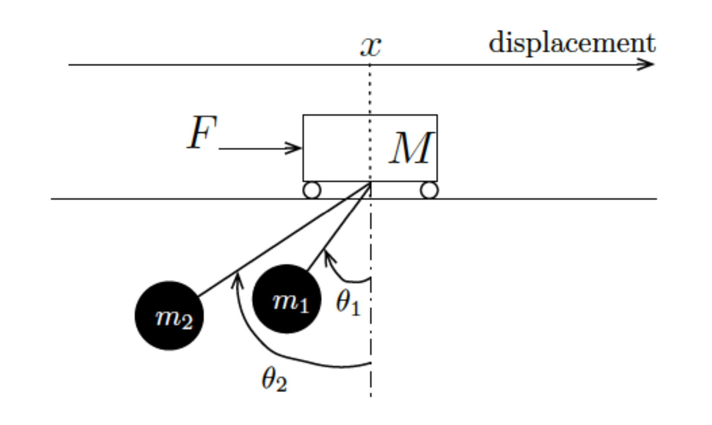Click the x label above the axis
point(370,46)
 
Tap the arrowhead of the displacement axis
point(649,64)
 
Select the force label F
point(202,133)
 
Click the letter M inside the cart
point(410,148)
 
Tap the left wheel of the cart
point(312,190)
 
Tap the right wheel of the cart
point(429,190)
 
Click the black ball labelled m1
point(287,299)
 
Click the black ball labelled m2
point(169,316)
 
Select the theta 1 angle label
point(348,303)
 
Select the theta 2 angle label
point(274,379)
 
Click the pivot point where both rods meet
point(370,184)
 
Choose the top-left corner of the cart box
point(303,116)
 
